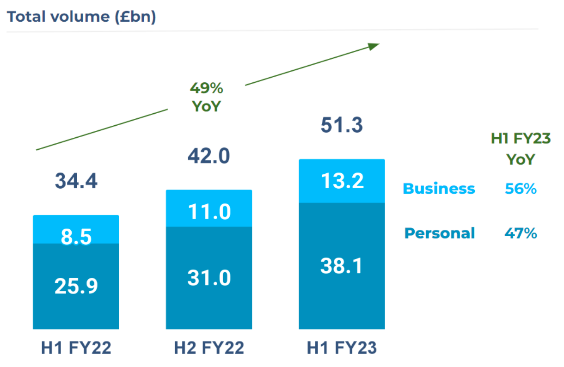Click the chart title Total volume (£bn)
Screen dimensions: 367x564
(x=81, y=17)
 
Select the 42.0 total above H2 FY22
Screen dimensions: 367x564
(x=209, y=156)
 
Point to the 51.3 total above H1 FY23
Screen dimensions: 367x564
(x=342, y=126)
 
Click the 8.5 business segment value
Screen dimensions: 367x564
(x=76, y=237)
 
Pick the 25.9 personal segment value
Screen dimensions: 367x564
(x=76, y=287)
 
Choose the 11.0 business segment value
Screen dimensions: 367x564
(x=209, y=212)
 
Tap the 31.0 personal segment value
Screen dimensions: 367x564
(x=209, y=278)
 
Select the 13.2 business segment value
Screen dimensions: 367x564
(x=342, y=181)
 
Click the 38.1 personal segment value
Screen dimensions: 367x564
(x=342, y=266)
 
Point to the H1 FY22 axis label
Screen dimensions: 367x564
(x=76, y=348)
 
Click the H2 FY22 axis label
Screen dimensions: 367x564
(x=209, y=348)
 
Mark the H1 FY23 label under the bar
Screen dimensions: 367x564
(x=342, y=348)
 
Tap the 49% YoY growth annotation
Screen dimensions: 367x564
(x=207, y=97)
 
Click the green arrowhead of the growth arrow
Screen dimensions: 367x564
(x=374, y=45)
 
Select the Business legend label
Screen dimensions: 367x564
(x=439, y=189)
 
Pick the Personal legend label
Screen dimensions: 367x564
(x=439, y=233)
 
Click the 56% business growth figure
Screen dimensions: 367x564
(x=521, y=189)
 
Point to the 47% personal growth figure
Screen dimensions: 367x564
(x=521, y=233)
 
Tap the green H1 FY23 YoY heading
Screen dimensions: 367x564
(x=521, y=149)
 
